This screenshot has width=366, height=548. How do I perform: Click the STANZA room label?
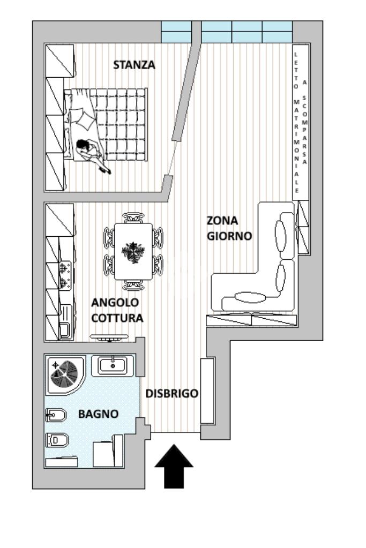click(x=134, y=65)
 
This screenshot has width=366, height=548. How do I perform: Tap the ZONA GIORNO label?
click(x=229, y=228)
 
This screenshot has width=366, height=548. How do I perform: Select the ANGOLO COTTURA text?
click(x=117, y=310)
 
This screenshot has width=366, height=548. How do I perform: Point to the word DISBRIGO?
click(x=172, y=394)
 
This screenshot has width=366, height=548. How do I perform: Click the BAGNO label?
click(x=98, y=414)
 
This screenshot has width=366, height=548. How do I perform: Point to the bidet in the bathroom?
click(x=56, y=415)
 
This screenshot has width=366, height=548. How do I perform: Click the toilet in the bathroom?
click(x=57, y=440)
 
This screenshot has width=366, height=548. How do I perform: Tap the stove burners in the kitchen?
click(x=66, y=275)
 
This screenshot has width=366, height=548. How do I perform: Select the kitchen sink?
click(x=65, y=321)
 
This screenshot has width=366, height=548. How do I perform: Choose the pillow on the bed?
click(x=83, y=119)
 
